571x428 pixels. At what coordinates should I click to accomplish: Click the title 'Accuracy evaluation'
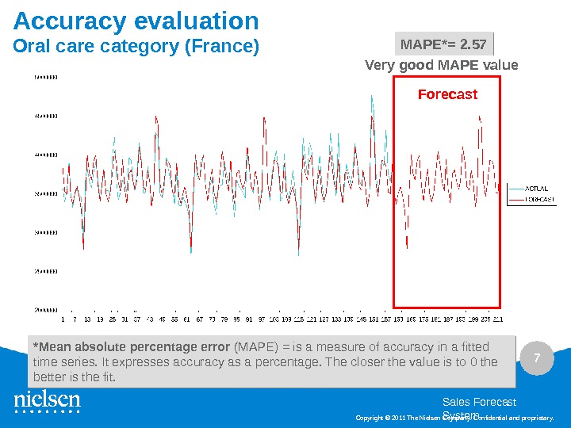click(x=136, y=21)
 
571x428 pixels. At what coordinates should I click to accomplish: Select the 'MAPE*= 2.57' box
click(x=444, y=44)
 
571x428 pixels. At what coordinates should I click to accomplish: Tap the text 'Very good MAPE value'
click(x=441, y=65)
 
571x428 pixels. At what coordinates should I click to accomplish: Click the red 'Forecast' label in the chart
click(x=447, y=94)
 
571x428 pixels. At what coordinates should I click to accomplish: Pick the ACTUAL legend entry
click(x=536, y=189)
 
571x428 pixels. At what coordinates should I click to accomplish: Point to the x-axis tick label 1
click(x=63, y=319)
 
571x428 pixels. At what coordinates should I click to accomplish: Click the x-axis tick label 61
click(x=187, y=319)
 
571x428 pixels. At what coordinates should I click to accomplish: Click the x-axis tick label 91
click(x=249, y=319)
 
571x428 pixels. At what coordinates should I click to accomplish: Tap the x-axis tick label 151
click(x=374, y=319)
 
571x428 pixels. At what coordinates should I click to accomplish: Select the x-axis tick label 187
click(x=448, y=319)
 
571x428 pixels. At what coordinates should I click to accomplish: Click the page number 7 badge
click(x=537, y=359)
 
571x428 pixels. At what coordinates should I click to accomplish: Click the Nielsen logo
click(x=47, y=401)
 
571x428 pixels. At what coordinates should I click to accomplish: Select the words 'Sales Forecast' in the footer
click(x=478, y=403)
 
